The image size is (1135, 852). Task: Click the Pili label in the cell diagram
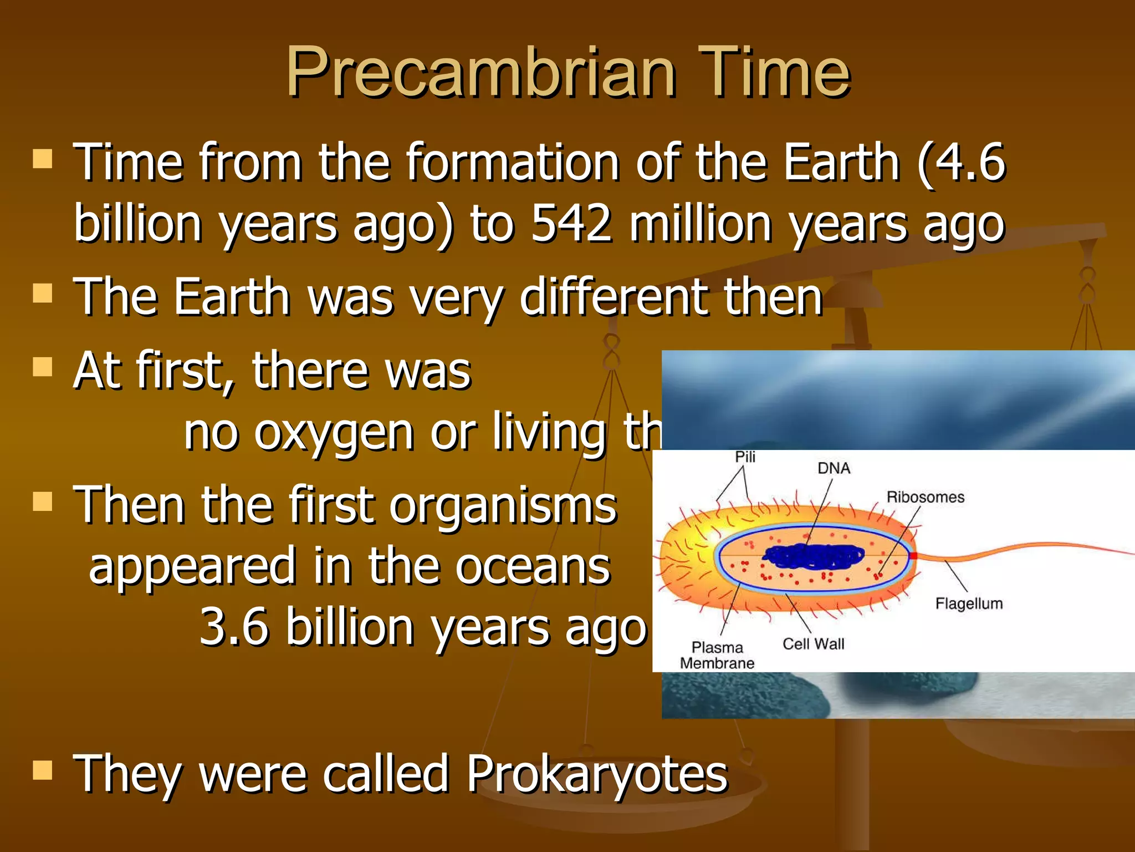(745, 457)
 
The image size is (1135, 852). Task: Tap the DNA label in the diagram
(834, 468)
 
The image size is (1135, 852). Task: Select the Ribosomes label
(925, 497)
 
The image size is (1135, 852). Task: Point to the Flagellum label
(969, 603)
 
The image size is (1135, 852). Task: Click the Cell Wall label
(813, 643)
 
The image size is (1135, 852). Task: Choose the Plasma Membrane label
(717, 655)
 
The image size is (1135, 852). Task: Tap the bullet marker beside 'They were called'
(43, 770)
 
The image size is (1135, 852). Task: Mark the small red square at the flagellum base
(913, 556)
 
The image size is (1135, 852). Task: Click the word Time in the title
(773, 72)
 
